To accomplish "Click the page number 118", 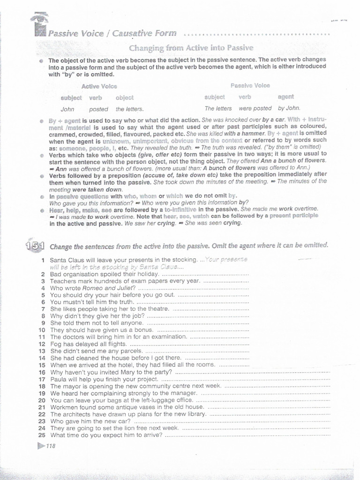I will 51,446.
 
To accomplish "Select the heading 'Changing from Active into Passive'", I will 191,48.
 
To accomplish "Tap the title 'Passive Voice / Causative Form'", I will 112,33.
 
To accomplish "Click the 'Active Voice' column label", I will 99,86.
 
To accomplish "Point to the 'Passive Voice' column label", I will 250,86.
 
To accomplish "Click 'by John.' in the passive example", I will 289,108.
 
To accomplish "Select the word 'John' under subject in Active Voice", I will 67,109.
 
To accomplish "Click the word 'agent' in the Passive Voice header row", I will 285,97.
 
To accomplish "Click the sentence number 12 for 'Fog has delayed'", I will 41,344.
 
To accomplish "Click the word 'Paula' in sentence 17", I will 59,379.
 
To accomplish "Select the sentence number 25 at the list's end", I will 41,435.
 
